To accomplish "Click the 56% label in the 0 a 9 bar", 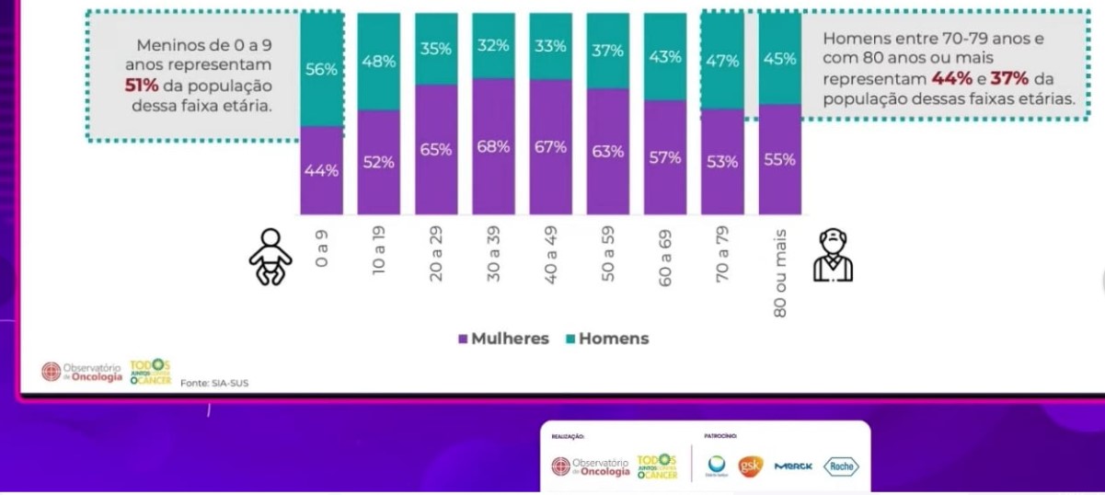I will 321,70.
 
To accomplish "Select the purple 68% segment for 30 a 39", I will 493,146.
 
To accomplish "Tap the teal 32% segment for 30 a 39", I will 493,45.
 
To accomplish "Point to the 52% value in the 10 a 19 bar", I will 378,162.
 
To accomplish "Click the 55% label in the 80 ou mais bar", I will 779,158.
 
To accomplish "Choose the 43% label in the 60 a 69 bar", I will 665,56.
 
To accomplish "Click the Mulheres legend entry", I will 503,339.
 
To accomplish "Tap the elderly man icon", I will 833,256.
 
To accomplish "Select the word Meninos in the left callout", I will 168,45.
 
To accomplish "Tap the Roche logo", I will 840,466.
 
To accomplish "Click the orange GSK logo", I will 752,466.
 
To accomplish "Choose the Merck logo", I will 793,467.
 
